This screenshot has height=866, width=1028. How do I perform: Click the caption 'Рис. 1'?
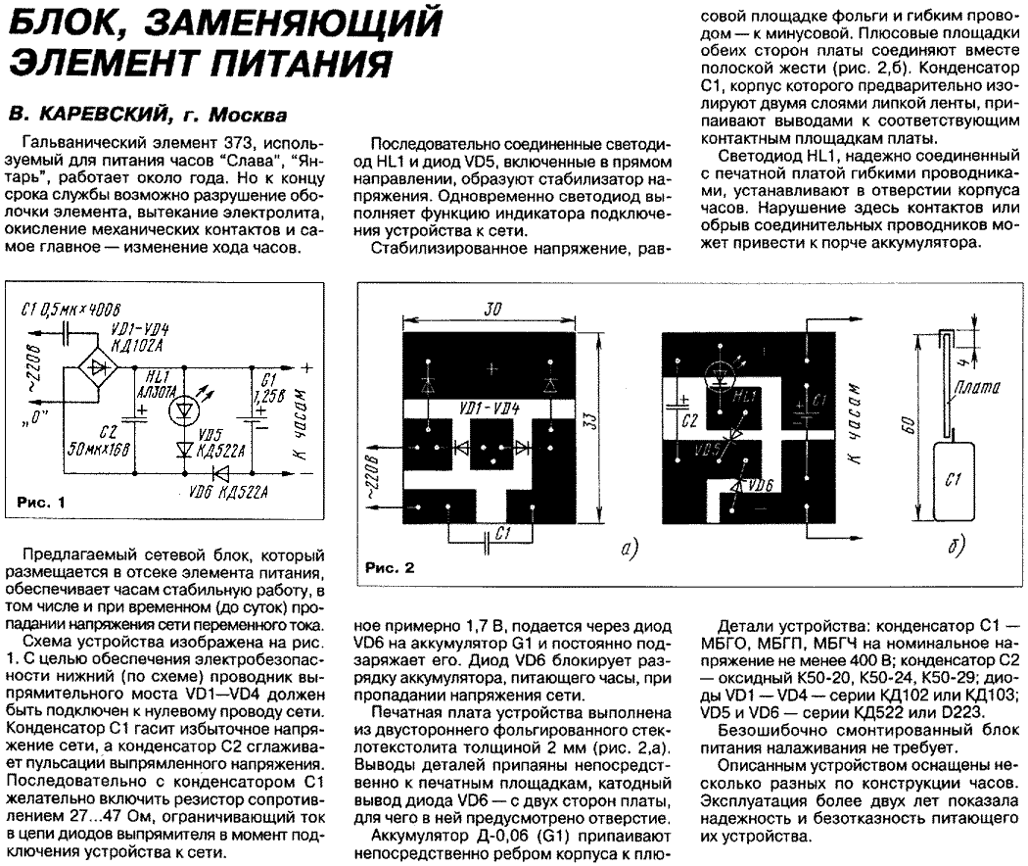click(x=41, y=503)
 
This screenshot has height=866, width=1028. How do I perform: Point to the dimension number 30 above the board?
click(x=493, y=310)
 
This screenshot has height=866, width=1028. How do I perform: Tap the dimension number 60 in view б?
click(x=908, y=425)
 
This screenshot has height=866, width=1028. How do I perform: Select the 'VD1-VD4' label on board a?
click(x=489, y=407)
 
